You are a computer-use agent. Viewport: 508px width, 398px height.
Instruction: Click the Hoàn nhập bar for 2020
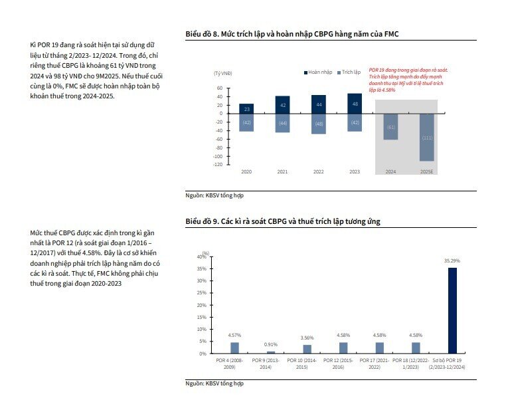tap(246, 108)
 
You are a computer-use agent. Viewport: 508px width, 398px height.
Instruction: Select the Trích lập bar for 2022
tap(318, 124)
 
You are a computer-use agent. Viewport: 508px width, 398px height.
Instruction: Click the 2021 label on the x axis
tap(282, 172)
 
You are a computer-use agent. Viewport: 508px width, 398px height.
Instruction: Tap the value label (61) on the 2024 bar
tap(390, 127)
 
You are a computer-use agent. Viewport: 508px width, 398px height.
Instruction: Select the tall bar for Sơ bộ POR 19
tap(452, 310)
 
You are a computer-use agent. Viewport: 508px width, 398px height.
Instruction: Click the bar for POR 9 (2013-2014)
tap(270, 352)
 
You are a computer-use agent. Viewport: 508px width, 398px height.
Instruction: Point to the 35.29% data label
tap(452, 262)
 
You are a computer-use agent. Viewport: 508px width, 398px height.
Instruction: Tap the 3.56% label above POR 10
tap(307, 338)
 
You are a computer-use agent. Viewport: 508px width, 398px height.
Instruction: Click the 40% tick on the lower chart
tap(202, 256)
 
